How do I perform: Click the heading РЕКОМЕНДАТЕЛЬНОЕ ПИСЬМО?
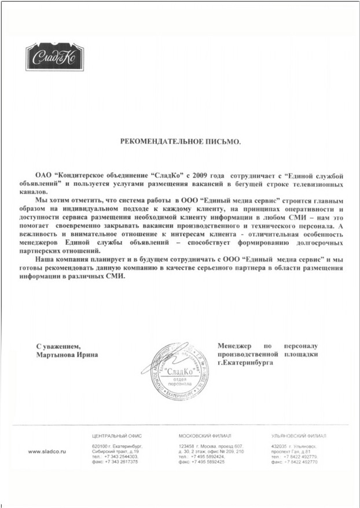(179, 141)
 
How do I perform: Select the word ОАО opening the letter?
(43, 175)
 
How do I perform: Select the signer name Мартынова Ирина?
(66, 354)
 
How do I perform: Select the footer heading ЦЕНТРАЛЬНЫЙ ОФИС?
(116, 436)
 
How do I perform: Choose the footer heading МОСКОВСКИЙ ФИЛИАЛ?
(205, 436)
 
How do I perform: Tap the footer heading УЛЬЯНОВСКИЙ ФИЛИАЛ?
(298, 436)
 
